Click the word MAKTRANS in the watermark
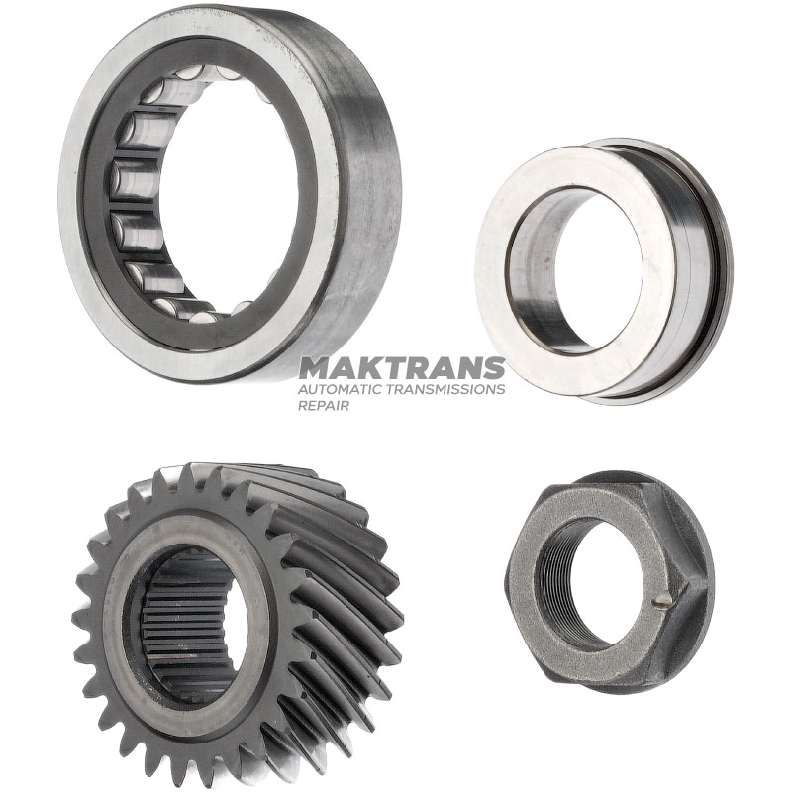[402, 368]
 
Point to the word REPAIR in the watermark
[324, 405]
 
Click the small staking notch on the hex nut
[661, 601]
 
